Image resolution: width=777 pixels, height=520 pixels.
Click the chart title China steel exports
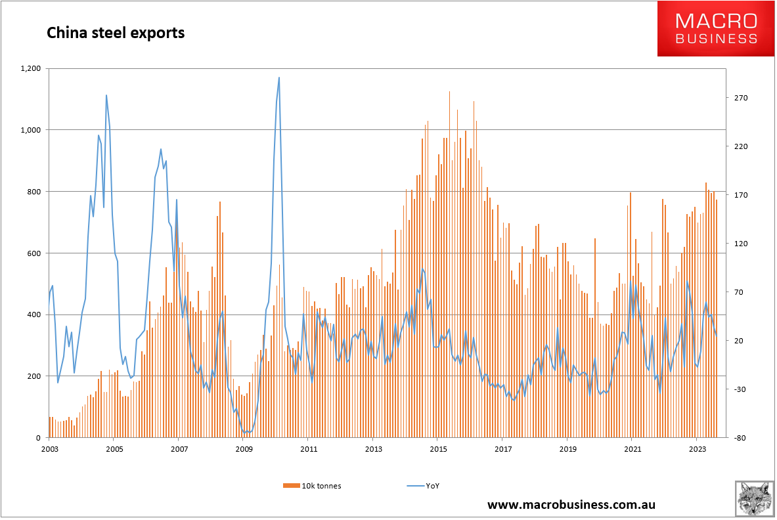115,32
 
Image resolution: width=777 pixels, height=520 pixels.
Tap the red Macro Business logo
717,28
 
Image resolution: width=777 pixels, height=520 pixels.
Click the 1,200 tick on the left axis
31,68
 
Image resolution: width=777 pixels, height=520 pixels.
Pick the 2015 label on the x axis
438,449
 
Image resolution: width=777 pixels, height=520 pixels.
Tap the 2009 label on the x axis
244,449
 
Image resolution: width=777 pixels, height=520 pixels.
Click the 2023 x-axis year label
698,449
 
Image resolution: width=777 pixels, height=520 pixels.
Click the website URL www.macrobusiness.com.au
571,505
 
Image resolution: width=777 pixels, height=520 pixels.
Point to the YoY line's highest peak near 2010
279,77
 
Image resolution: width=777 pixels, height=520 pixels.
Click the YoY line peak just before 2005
106,95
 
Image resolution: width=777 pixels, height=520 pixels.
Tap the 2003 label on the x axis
49,449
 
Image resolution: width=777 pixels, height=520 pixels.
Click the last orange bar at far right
717,318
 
